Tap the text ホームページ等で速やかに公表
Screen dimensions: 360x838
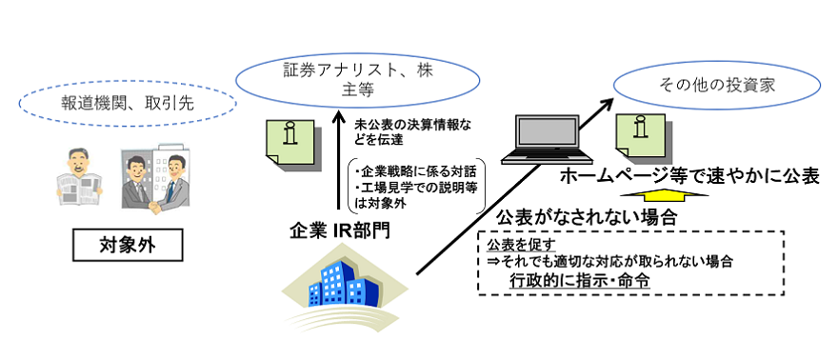[689, 176]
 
